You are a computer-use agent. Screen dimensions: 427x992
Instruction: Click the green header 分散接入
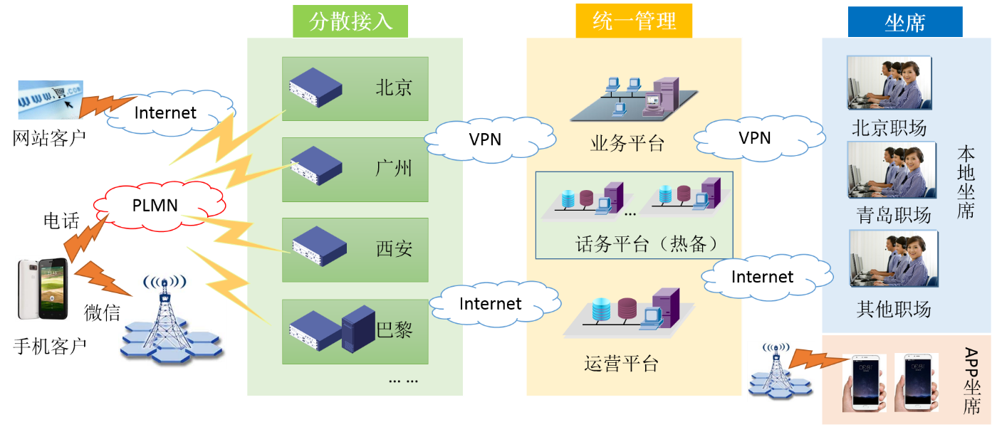(350, 21)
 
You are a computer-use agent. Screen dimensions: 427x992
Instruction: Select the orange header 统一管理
(634, 21)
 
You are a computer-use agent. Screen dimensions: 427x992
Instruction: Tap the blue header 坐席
(904, 22)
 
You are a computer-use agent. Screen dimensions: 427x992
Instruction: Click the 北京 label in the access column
(394, 88)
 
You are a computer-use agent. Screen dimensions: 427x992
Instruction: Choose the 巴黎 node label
(395, 330)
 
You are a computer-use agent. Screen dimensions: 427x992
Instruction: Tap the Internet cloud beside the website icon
(165, 112)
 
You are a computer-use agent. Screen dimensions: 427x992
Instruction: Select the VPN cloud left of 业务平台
(485, 139)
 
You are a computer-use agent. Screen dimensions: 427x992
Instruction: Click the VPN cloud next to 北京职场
(755, 138)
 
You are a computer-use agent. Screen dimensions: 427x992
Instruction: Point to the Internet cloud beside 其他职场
(762, 277)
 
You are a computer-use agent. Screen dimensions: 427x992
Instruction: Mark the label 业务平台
(627, 144)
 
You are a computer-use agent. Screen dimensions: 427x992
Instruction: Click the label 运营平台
(621, 364)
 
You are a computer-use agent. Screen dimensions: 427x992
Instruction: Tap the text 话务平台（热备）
(645, 245)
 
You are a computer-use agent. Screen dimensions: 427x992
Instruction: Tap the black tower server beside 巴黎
(358, 328)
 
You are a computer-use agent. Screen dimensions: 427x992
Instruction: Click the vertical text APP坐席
(971, 381)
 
